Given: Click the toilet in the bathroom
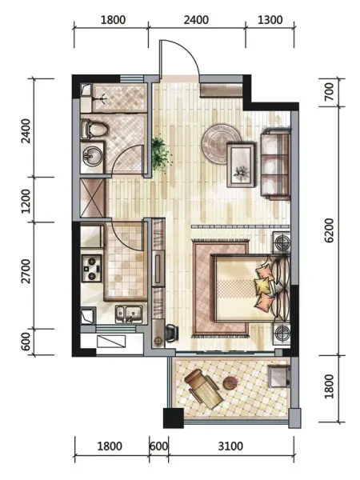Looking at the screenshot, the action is point(94,129).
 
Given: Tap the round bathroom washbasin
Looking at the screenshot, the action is point(91,157).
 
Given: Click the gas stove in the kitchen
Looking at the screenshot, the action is point(91,268).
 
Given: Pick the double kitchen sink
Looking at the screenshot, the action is point(129,314).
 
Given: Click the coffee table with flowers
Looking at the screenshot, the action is point(241,166).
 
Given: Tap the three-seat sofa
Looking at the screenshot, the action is point(275,164).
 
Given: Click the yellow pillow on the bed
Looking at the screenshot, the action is point(262,286).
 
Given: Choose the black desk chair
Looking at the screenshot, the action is point(172,334).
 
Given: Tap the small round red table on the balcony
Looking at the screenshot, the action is point(230,382).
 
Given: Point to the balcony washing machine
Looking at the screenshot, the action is point(279,376).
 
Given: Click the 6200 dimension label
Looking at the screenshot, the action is point(329,230).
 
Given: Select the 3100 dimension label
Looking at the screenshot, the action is point(230,446).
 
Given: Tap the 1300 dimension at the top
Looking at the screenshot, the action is point(270,20).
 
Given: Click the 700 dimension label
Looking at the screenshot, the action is point(329,91).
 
